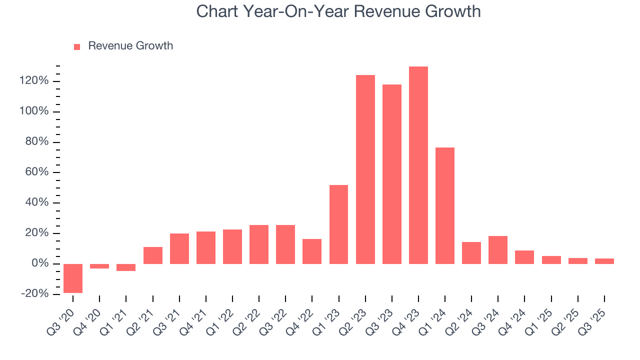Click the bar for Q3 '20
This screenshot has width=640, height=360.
point(73,278)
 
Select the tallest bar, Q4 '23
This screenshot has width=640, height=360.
point(418,165)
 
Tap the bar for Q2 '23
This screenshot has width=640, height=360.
point(365,169)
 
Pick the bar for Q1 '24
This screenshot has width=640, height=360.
point(445,205)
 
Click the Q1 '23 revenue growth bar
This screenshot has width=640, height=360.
point(338,224)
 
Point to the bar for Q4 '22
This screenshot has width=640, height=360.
point(312,251)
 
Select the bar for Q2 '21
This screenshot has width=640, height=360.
point(153,255)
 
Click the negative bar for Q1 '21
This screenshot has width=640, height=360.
point(126,267)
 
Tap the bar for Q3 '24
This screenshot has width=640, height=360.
point(498,250)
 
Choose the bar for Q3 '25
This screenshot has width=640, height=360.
point(604,261)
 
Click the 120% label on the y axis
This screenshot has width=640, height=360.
point(34,81)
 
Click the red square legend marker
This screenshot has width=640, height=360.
point(77,47)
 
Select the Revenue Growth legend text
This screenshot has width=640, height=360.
point(130,46)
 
